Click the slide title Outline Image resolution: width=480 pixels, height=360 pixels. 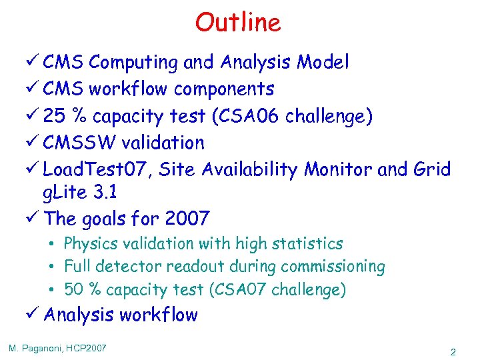pos(238,23)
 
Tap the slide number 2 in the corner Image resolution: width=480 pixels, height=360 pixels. pos(453,352)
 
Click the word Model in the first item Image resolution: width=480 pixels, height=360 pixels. pos(323,63)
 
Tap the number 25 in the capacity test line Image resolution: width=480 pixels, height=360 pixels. pos(55,116)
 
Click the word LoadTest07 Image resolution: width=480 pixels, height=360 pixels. pos(99,169)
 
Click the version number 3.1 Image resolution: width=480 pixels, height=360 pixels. pos(106,193)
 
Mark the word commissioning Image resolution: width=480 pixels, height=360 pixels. pos(333,267)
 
